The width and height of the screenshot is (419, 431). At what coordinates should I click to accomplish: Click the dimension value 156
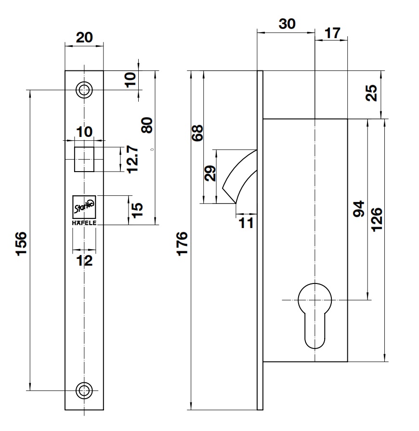(x=22, y=244)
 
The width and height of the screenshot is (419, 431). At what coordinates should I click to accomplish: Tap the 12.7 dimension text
(x=133, y=160)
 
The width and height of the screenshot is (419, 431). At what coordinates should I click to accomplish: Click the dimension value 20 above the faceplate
(x=84, y=37)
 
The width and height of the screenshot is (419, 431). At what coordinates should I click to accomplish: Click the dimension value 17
(x=332, y=33)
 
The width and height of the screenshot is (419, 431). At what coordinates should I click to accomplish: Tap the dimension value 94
(x=360, y=209)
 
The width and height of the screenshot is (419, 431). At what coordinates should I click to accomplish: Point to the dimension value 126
(x=376, y=219)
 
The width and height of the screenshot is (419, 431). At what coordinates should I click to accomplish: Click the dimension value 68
(x=198, y=132)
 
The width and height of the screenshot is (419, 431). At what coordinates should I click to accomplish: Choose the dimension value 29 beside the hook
(x=210, y=173)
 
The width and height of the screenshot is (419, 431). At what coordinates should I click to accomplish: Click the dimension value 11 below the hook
(x=246, y=223)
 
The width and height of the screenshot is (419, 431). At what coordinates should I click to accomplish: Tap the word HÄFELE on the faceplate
(x=84, y=222)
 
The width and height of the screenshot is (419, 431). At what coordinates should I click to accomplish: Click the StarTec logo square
(x=84, y=207)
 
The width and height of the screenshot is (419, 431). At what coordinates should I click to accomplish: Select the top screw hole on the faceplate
(x=85, y=90)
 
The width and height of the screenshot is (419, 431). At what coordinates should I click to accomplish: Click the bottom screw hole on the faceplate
(x=85, y=390)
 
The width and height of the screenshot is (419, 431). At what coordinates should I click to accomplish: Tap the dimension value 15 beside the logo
(x=138, y=209)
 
